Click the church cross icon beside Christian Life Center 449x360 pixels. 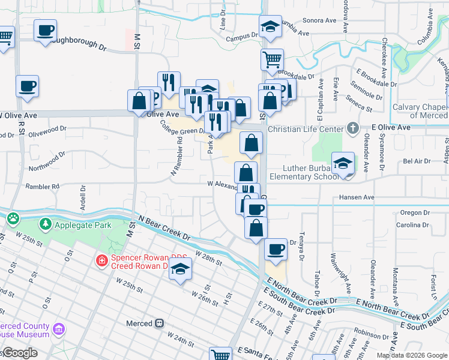click(x=353, y=128)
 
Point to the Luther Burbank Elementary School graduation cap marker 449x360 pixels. click(x=342, y=164)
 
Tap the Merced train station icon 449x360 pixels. click(x=159, y=323)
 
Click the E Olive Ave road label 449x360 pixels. click(x=391, y=127)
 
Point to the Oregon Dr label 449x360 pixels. click(x=411, y=212)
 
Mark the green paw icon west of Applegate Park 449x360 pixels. click(x=13, y=219)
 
